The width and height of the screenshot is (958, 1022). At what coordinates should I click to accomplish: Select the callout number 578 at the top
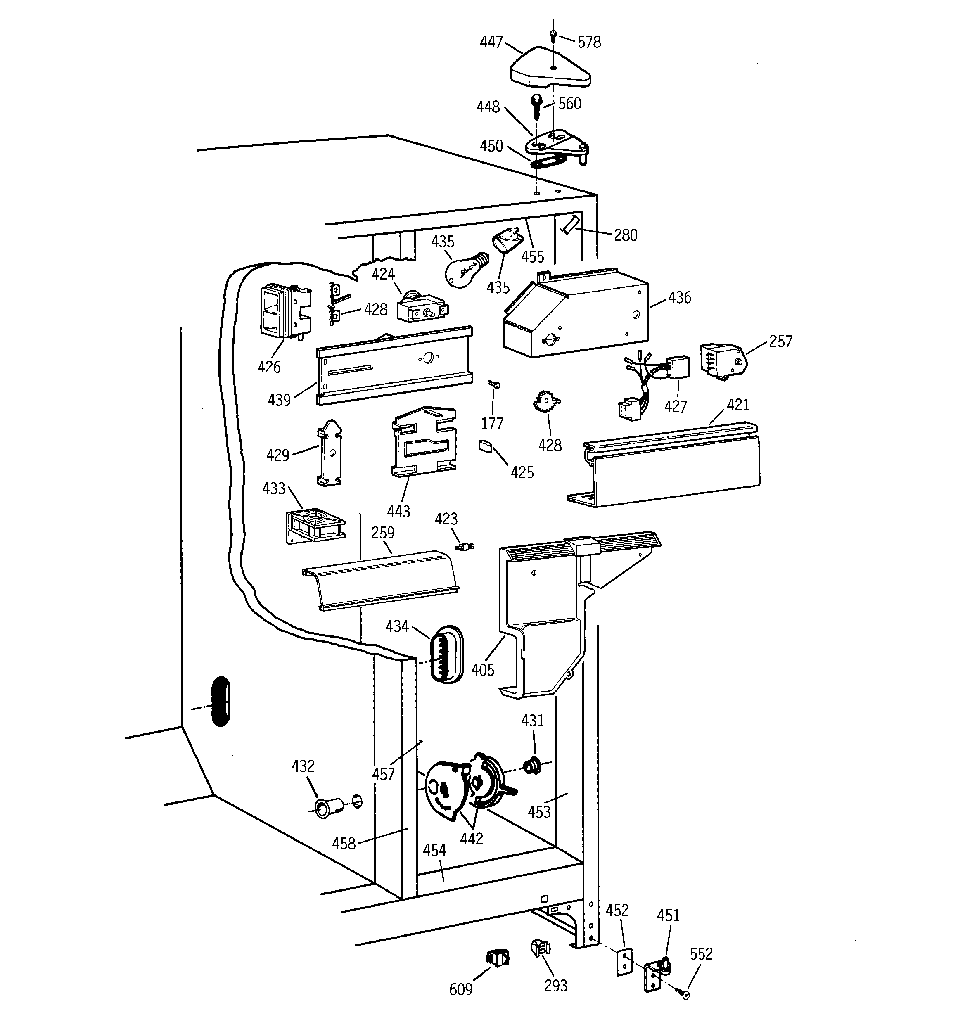pos(589,42)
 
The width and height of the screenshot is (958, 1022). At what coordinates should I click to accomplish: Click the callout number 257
pos(780,341)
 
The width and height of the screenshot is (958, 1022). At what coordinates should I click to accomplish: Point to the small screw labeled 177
pos(493,384)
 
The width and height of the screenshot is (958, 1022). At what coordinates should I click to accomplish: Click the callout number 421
pos(738,405)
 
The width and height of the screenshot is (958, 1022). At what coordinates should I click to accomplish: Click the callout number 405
pos(482,670)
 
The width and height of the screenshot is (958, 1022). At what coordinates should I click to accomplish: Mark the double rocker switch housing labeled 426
pos(283,311)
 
